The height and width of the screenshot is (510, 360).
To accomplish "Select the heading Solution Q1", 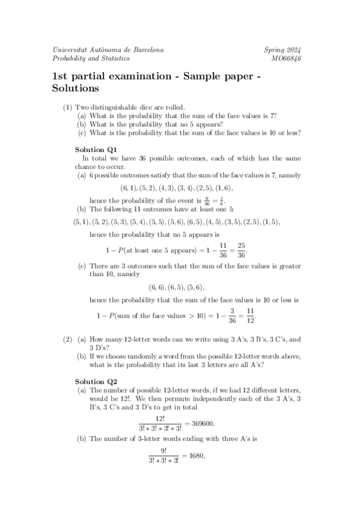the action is coord(96,149).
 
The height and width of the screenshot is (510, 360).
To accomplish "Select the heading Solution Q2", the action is coord(96,381).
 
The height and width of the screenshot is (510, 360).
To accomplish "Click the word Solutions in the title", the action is coord(75,88).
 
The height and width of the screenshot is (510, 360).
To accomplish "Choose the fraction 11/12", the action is coord(251,315).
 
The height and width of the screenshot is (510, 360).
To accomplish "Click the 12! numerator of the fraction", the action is coord(160,417).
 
